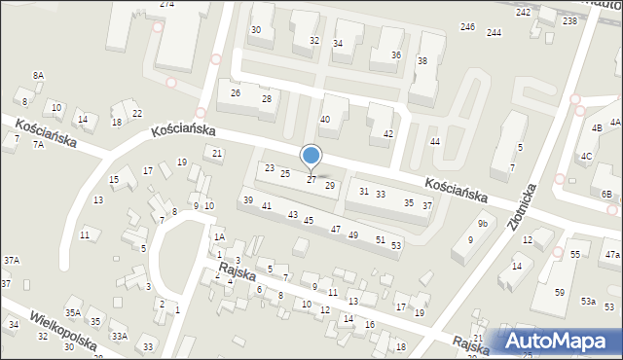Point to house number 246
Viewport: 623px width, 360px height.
(x=467, y=26)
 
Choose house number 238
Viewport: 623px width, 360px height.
(x=569, y=20)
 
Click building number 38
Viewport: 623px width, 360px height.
(x=422, y=61)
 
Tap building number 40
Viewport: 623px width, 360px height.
(x=325, y=119)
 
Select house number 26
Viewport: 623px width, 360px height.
(x=235, y=92)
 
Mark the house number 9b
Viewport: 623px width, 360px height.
(x=482, y=224)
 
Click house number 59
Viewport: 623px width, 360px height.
(x=559, y=292)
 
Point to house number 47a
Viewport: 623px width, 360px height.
(x=611, y=254)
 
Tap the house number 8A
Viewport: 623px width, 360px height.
(x=38, y=75)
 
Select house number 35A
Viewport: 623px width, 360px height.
(x=73, y=312)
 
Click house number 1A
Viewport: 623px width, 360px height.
(x=220, y=237)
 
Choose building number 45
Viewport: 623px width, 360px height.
(x=309, y=221)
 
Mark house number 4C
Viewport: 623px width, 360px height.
(x=586, y=156)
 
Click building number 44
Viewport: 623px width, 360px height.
(x=435, y=142)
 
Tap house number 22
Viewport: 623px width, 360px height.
(x=137, y=114)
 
